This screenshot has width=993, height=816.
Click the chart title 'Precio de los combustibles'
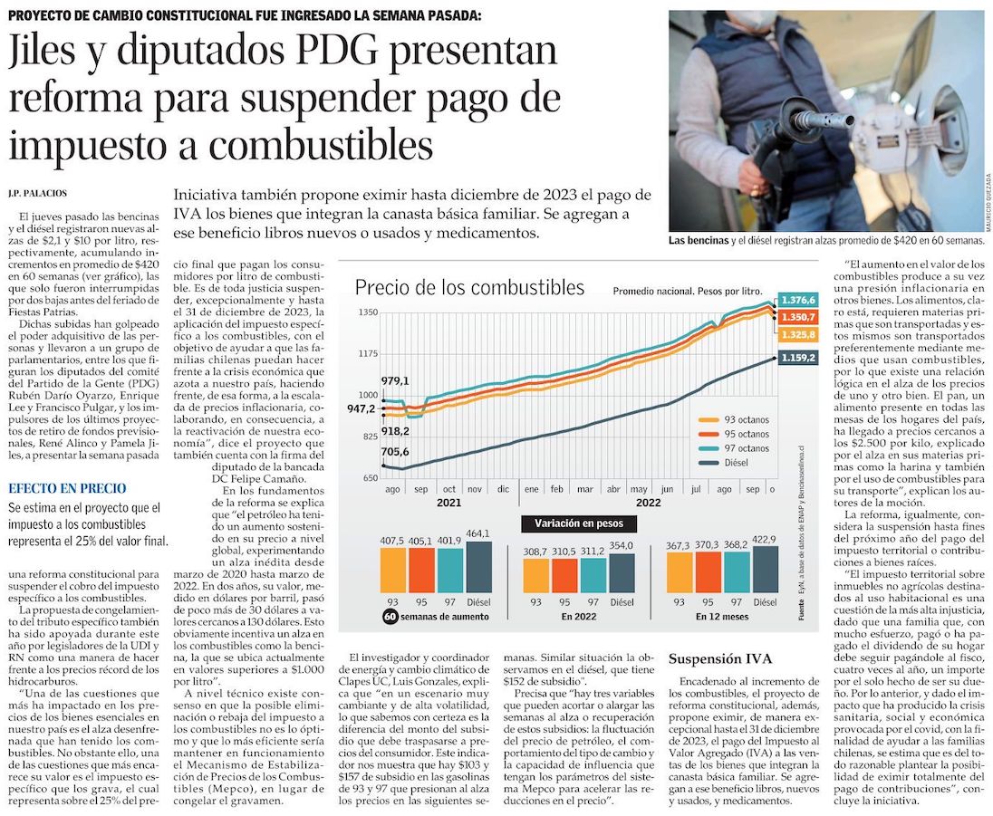(469, 288)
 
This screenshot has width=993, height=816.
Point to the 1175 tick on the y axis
(366, 353)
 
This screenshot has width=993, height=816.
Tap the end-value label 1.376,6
(798, 300)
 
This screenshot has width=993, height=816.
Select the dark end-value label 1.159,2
(798, 358)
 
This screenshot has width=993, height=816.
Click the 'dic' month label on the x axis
(503, 488)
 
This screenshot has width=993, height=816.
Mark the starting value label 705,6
(395, 452)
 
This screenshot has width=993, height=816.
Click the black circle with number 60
(390, 617)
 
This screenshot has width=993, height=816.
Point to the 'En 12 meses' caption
(722, 617)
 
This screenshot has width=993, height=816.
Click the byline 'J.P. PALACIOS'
(38, 193)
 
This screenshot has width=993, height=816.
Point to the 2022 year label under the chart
(649, 502)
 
